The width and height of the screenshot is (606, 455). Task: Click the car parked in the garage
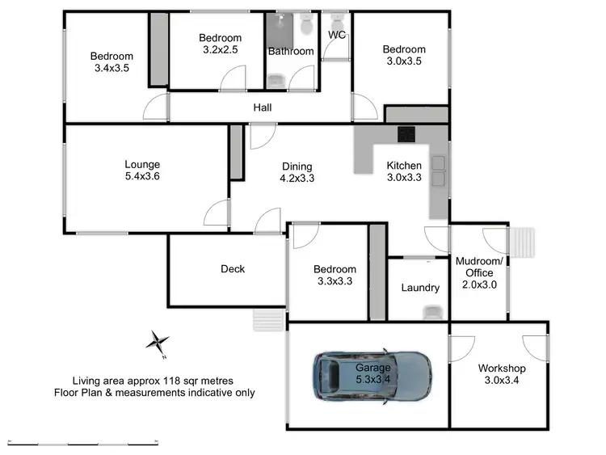tap(372, 376)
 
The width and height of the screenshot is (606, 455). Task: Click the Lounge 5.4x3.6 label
tap(142, 171)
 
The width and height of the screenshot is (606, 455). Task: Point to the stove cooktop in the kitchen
tap(405, 134)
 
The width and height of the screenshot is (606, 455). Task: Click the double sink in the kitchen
tap(438, 170)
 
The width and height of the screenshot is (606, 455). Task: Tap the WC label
tap(336, 35)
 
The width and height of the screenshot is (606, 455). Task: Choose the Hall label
tap(263, 107)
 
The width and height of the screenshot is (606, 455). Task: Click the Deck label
tap(232, 269)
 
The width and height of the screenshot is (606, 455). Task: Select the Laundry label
tap(420, 288)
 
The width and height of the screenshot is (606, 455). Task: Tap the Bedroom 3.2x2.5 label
tap(220, 44)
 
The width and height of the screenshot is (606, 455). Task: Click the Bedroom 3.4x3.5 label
tap(111, 62)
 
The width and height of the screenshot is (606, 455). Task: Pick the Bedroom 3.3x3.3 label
tap(335, 276)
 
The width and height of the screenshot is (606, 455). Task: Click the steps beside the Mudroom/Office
tap(524, 242)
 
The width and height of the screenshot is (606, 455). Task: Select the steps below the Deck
tap(268, 320)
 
